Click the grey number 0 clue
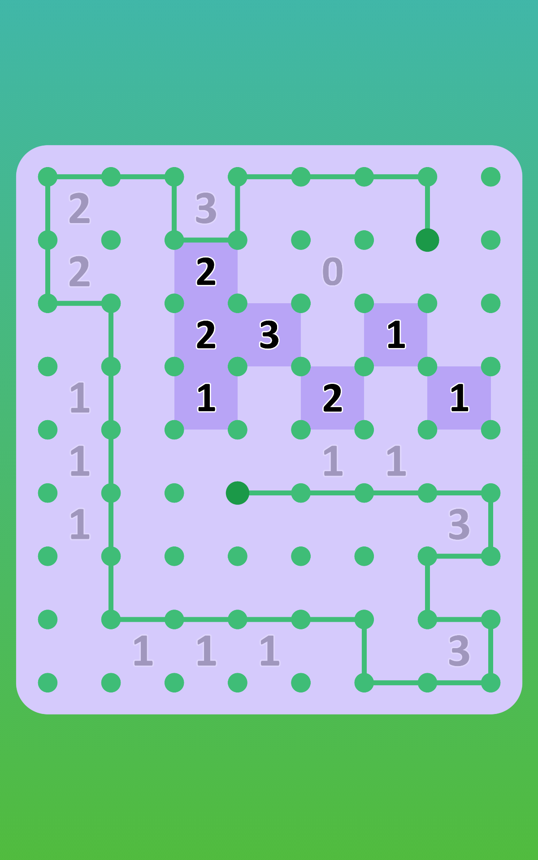pyautogui.click(x=333, y=271)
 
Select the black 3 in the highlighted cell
pyautogui.click(x=269, y=335)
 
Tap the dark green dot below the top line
pyautogui.click(x=427, y=240)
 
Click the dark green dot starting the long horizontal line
pyautogui.click(x=238, y=493)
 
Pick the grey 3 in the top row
pyautogui.click(x=206, y=208)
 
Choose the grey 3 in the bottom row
pyautogui.click(x=459, y=651)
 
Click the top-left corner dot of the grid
pyautogui.click(x=48, y=177)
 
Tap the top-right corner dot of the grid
pyautogui.click(x=491, y=177)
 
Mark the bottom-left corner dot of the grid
pyautogui.click(x=48, y=683)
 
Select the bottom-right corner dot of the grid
pyautogui.click(x=491, y=683)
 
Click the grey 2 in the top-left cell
pyautogui.click(x=80, y=208)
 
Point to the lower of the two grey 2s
pyautogui.click(x=80, y=271)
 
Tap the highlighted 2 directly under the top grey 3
pyautogui.click(x=206, y=271)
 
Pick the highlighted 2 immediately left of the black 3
pyautogui.click(x=206, y=335)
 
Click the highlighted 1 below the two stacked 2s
pyautogui.click(x=206, y=398)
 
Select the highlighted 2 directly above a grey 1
pyautogui.click(x=333, y=398)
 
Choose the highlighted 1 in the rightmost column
pyautogui.click(x=459, y=398)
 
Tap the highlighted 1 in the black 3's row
pyautogui.click(x=396, y=335)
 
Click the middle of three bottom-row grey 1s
pyautogui.click(x=206, y=651)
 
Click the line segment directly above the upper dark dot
pyautogui.click(x=427, y=208)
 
